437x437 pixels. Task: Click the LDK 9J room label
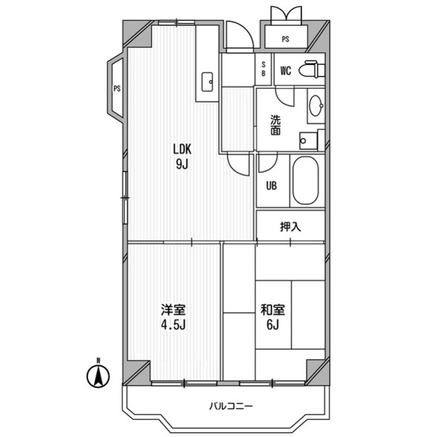182,157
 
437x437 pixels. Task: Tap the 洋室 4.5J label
173,317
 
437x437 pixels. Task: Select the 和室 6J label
272,317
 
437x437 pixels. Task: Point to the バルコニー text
231,406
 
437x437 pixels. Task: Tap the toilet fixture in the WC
312,70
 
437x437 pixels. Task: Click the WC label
286,71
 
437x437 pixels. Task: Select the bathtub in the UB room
305,181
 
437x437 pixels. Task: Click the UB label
272,186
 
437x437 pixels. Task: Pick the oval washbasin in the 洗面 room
316,106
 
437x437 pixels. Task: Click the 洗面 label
276,126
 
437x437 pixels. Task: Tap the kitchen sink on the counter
207,82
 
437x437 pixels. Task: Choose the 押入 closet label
290,226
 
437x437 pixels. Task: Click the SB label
264,69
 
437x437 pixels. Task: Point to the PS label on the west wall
117,89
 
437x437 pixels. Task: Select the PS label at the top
285,39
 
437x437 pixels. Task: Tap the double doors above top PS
287,13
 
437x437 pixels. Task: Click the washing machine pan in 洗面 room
308,141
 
